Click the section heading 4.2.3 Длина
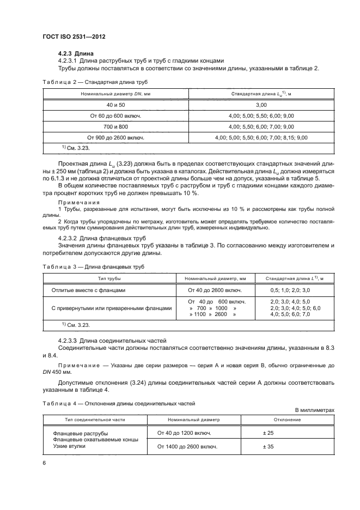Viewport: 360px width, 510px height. (76, 53)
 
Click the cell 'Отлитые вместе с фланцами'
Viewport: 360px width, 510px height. (88, 290)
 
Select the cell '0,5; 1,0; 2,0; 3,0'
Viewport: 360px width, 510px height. (290, 290)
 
